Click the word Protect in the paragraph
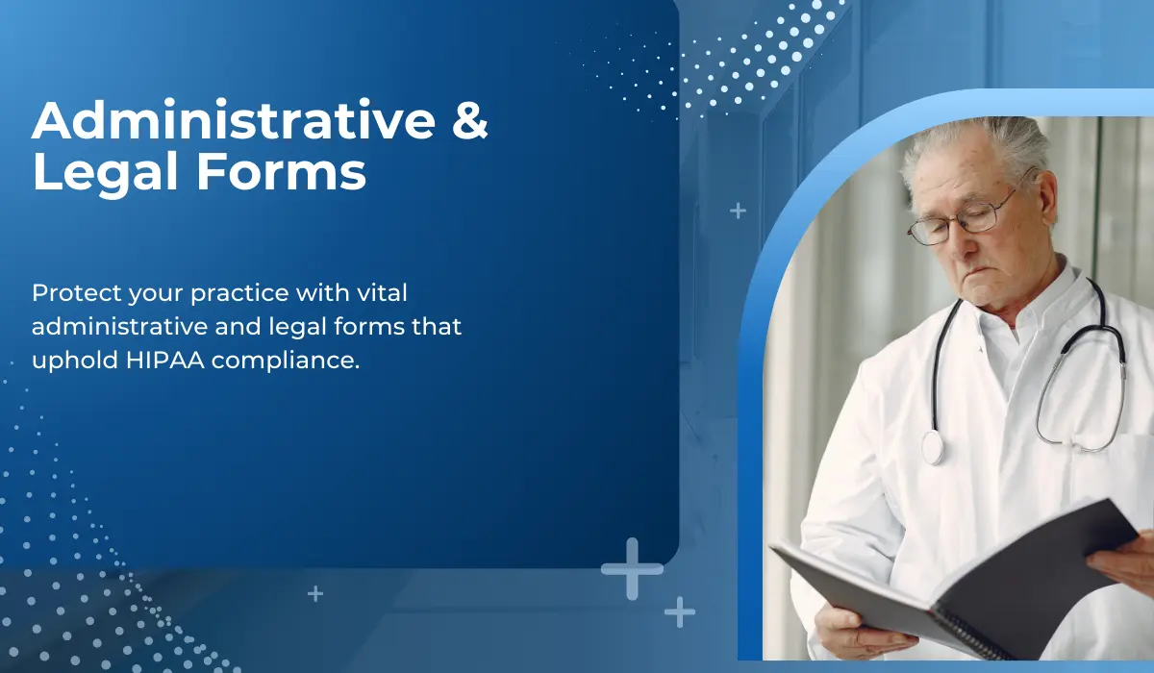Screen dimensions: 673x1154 (69, 291)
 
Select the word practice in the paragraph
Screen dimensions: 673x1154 (213, 292)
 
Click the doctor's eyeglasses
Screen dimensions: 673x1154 (962, 220)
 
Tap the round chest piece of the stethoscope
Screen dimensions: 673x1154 (933, 447)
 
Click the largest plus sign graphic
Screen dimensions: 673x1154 (632, 568)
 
